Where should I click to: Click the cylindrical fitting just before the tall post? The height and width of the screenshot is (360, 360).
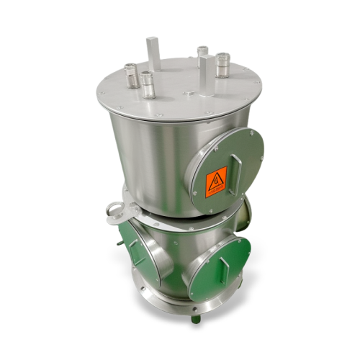pos(148,84)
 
